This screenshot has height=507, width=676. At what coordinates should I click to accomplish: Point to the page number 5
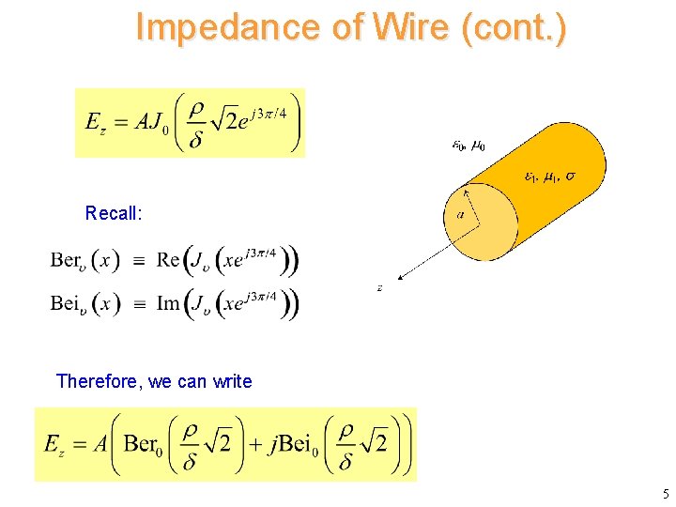click(x=665, y=494)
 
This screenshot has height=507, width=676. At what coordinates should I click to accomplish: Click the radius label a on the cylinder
click(x=460, y=215)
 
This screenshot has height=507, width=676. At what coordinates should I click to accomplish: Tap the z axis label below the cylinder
click(x=379, y=288)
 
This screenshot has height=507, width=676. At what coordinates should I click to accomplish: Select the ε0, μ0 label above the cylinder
click(x=469, y=146)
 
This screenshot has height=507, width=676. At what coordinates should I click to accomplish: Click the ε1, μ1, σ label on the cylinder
click(x=550, y=176)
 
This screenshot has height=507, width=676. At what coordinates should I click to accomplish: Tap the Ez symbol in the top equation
click(x=94, y=122)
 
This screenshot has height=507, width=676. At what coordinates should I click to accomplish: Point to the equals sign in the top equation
click(x=120, y=122)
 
